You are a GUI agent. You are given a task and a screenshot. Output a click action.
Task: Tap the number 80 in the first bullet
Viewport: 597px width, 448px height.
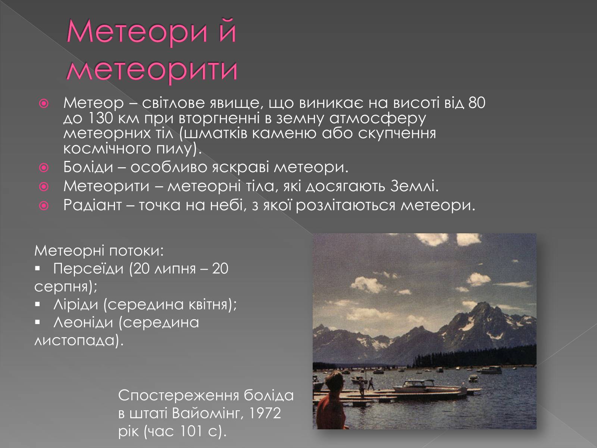pos(477,103)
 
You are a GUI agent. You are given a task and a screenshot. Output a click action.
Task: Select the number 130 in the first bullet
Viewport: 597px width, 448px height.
pos(100,118)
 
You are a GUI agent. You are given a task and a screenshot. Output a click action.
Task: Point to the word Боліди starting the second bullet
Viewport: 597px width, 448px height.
pos(88,167)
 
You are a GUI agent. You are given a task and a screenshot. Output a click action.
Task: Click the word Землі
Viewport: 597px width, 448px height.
pos(414,186)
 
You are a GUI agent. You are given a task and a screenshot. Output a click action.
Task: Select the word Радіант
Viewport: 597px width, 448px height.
pos(93,205)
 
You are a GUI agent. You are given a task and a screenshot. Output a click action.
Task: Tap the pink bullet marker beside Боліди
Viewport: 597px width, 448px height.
pos(44,168)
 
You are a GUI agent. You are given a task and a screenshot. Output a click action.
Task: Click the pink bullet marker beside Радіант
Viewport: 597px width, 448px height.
pos(44,206)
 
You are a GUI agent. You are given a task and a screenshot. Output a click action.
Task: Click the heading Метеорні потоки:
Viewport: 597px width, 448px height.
pos(99,251)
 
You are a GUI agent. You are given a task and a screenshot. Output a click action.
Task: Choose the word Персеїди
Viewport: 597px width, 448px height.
pos(88,268)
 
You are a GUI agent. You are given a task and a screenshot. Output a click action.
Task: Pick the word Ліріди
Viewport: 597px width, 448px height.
pos(76,304)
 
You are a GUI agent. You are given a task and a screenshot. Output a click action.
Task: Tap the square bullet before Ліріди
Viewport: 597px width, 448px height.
pos(38,304)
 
